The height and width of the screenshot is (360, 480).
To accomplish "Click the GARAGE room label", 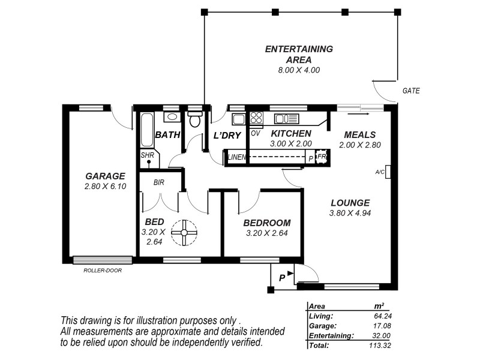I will click(105, 176).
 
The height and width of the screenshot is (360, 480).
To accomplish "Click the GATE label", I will click(411, 91).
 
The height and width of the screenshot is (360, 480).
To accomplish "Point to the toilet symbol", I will click(195, 119).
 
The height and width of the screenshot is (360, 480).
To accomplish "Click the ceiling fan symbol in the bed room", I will click(184, 232).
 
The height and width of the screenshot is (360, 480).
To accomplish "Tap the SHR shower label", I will click(147, 154).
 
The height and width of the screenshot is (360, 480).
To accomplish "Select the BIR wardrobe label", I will click(159, 182).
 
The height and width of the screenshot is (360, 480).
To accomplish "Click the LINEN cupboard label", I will click(236, 158).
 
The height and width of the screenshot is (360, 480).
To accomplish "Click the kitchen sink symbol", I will click(286, 119).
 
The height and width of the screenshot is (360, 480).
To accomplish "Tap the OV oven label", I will click(255, 133).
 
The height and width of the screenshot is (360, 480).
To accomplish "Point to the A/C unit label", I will click(380, 172).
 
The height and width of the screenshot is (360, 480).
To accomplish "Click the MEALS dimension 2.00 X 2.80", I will click(360, 145).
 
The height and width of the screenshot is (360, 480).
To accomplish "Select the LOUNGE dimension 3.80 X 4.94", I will click(349, 213).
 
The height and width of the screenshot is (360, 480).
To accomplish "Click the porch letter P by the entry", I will click(281, 278).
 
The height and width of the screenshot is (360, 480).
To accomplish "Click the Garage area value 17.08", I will click(382, 325).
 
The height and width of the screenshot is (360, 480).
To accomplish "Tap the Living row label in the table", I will click(321, 315).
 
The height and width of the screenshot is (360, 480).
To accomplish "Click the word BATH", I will click(167, 135).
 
